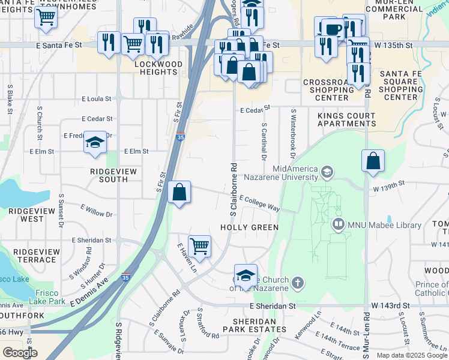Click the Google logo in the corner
20,353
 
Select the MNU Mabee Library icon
339,224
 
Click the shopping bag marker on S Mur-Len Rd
373,161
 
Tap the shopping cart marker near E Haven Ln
199,245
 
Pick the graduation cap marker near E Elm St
95,143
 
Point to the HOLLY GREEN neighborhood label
249,227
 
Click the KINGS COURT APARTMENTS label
343,119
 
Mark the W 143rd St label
390,305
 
